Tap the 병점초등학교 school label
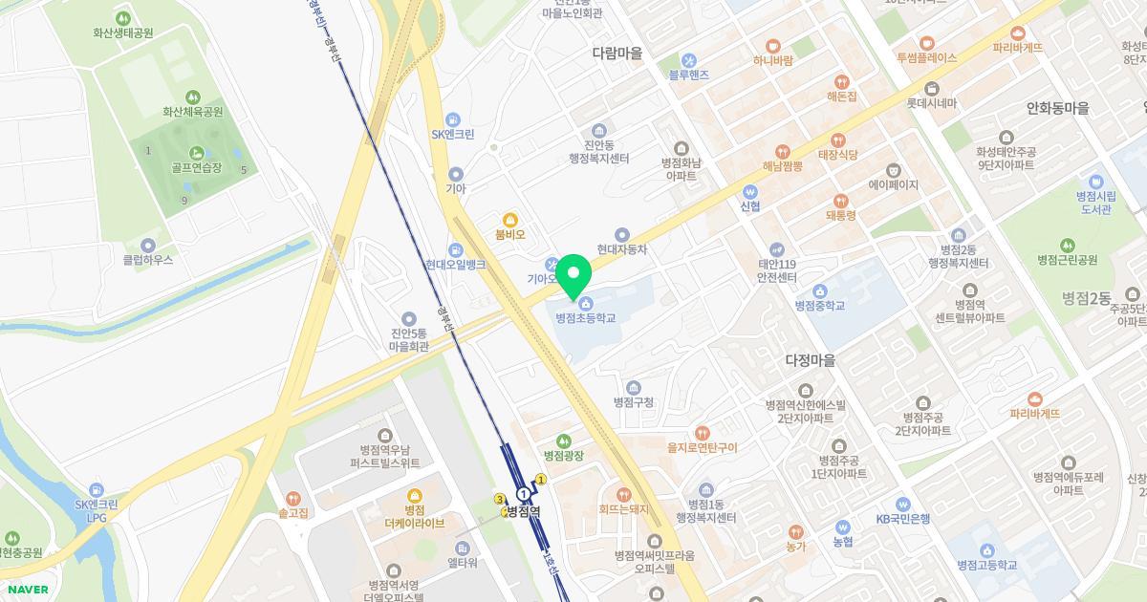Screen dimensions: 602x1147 coord(586,318)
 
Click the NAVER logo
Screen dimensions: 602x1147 coord(28,589)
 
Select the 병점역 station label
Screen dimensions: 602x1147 coord(524,511)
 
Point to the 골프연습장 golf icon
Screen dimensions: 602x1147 coord(197,152)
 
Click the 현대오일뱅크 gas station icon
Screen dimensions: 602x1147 coord(456,249)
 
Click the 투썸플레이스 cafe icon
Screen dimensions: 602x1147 coord(926,43)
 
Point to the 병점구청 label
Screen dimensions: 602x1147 coord(634,402)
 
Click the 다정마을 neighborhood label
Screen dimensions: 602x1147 coord(810,360)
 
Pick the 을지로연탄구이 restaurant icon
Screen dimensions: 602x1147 coord(703,432)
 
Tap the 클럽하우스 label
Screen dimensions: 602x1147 coord(148,259)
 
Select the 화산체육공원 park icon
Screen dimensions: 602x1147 coord(192,97)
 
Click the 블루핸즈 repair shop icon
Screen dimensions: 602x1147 coord(687,59)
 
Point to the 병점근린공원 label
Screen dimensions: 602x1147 coord(1067,260)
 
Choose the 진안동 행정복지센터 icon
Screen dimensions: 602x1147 coord(598,130)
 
